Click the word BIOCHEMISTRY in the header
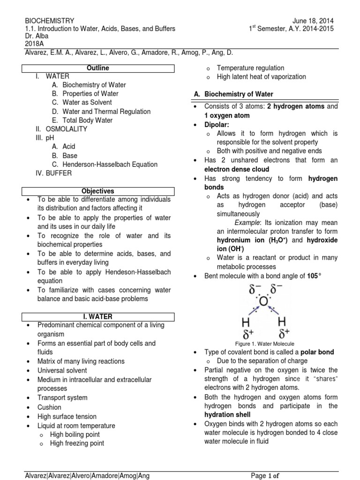pyautogui.click(x=49, y=21)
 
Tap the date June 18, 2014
pyautogui.click(x=313, y=21)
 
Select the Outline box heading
pyautogui.click(x=98, y=68)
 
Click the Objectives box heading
pyautogui.click(x=98, y=191)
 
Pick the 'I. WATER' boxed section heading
pyautogui.click(x=98, y=317)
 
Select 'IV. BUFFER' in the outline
pyautogui.click(x=53, y=173)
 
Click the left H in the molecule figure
pyautogui.click(x=245, y=322)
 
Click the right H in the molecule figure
pyautogui.click(x=283, y=322)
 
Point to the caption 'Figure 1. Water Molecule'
pyautogui.click(x=265, y=344)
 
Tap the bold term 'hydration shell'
pyautogui.click(x=227, y=414)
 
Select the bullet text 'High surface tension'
pyautogui.click(x=67, y=416)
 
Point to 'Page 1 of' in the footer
pyautogui.click(x=265, y=476)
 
